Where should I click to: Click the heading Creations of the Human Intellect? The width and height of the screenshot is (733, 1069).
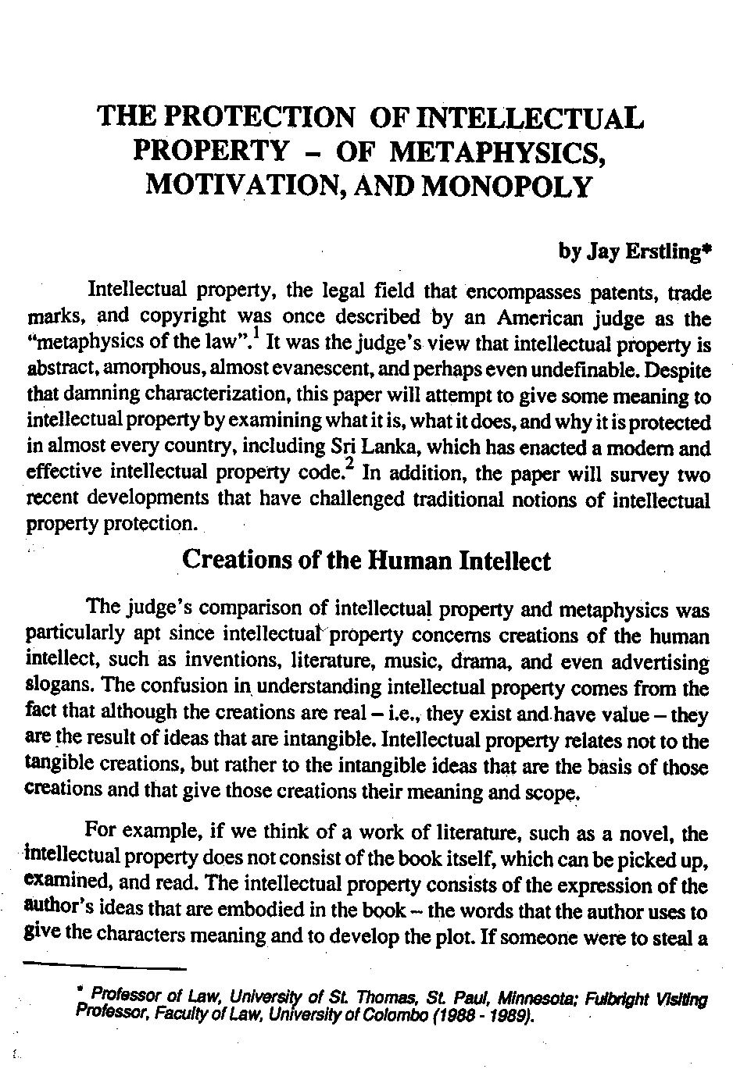pyautogui.click(x=366, y=561)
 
